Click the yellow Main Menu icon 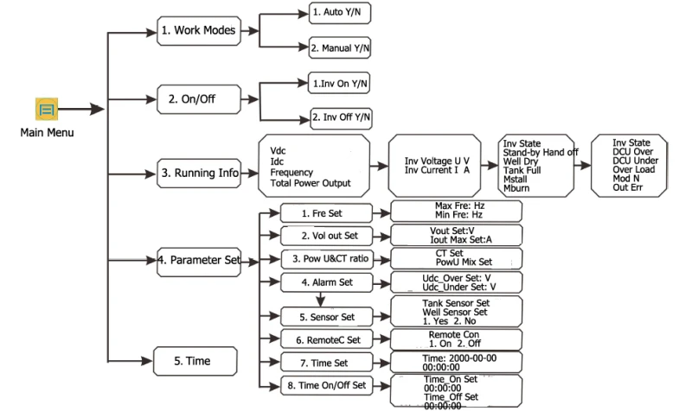(x=47, y=109)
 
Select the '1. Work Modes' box (x=199, y=31)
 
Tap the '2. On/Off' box (x=199, y=99)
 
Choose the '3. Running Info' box (x=199, y=174)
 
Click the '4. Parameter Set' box (x=199, y=262)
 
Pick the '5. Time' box (x=195, y=361)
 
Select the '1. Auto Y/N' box (x=340, y=13)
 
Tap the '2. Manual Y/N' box (x=340, y=48)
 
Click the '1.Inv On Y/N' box (x=339, y=83)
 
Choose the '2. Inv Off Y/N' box (x=341, y=118)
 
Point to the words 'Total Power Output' (x=311, y=183)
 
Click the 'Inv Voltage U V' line (x=437, y=161)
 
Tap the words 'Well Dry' (x=521, y=161)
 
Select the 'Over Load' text (x=634, y=169)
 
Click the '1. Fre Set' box (x=327, y=213)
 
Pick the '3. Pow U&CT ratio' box (x=327, y=259)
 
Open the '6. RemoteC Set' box (x=327, y=339)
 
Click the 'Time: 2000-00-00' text (x=459, y=358)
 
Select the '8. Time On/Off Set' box (x=327, y=385)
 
